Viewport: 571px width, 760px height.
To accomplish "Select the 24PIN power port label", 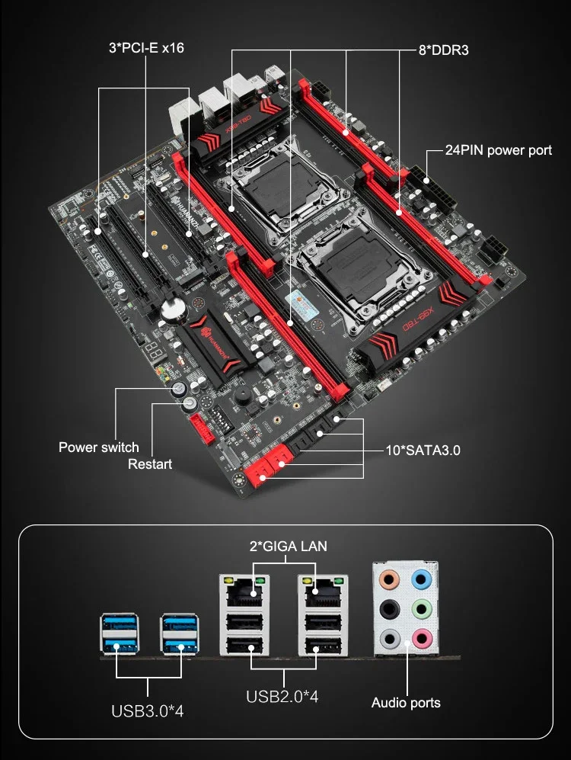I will point(499,150).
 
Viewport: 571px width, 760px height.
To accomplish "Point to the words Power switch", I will point(99,447).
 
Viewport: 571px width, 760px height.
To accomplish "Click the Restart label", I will point(150,463).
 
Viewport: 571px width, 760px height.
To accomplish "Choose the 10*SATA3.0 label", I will point(423,450).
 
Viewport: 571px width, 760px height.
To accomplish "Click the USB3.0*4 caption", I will point(148,710).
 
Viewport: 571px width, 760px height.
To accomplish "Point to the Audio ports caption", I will point(406,702).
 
